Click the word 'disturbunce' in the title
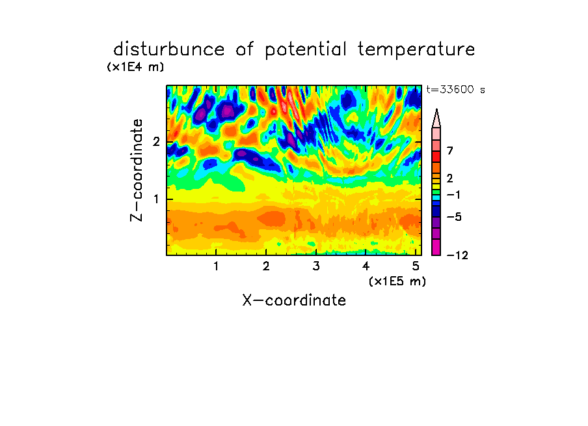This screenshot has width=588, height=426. tap(169, 50)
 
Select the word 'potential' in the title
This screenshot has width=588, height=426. tap(306, 50)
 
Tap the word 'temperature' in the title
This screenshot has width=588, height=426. tap(416, 50)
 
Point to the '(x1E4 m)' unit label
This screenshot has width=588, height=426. tap(135, 67)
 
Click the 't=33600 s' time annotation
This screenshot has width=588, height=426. tap(455, 89)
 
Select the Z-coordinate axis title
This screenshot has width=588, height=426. tap(137, 170)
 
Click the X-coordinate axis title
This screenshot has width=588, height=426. tap(294, 300)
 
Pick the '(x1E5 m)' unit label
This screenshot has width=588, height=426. tap(397, 281)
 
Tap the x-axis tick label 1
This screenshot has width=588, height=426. tap(216, 266)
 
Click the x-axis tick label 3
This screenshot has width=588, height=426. tap(316, 266)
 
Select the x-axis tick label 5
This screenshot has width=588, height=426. tap(416, 266)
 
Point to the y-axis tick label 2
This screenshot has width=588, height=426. tap(156, 142)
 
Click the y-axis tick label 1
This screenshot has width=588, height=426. tap(156, 199)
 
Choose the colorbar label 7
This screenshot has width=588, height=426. tap(450, 151)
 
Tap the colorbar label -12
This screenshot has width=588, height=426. tap(457, 255)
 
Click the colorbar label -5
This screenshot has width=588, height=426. tap(454, 217)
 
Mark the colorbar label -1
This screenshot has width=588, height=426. tap(453, 195)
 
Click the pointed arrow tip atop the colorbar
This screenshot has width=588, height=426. tap(436, 109)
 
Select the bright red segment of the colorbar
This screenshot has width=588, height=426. tap(436, 156)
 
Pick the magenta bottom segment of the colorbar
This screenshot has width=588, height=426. tap(436, 247)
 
